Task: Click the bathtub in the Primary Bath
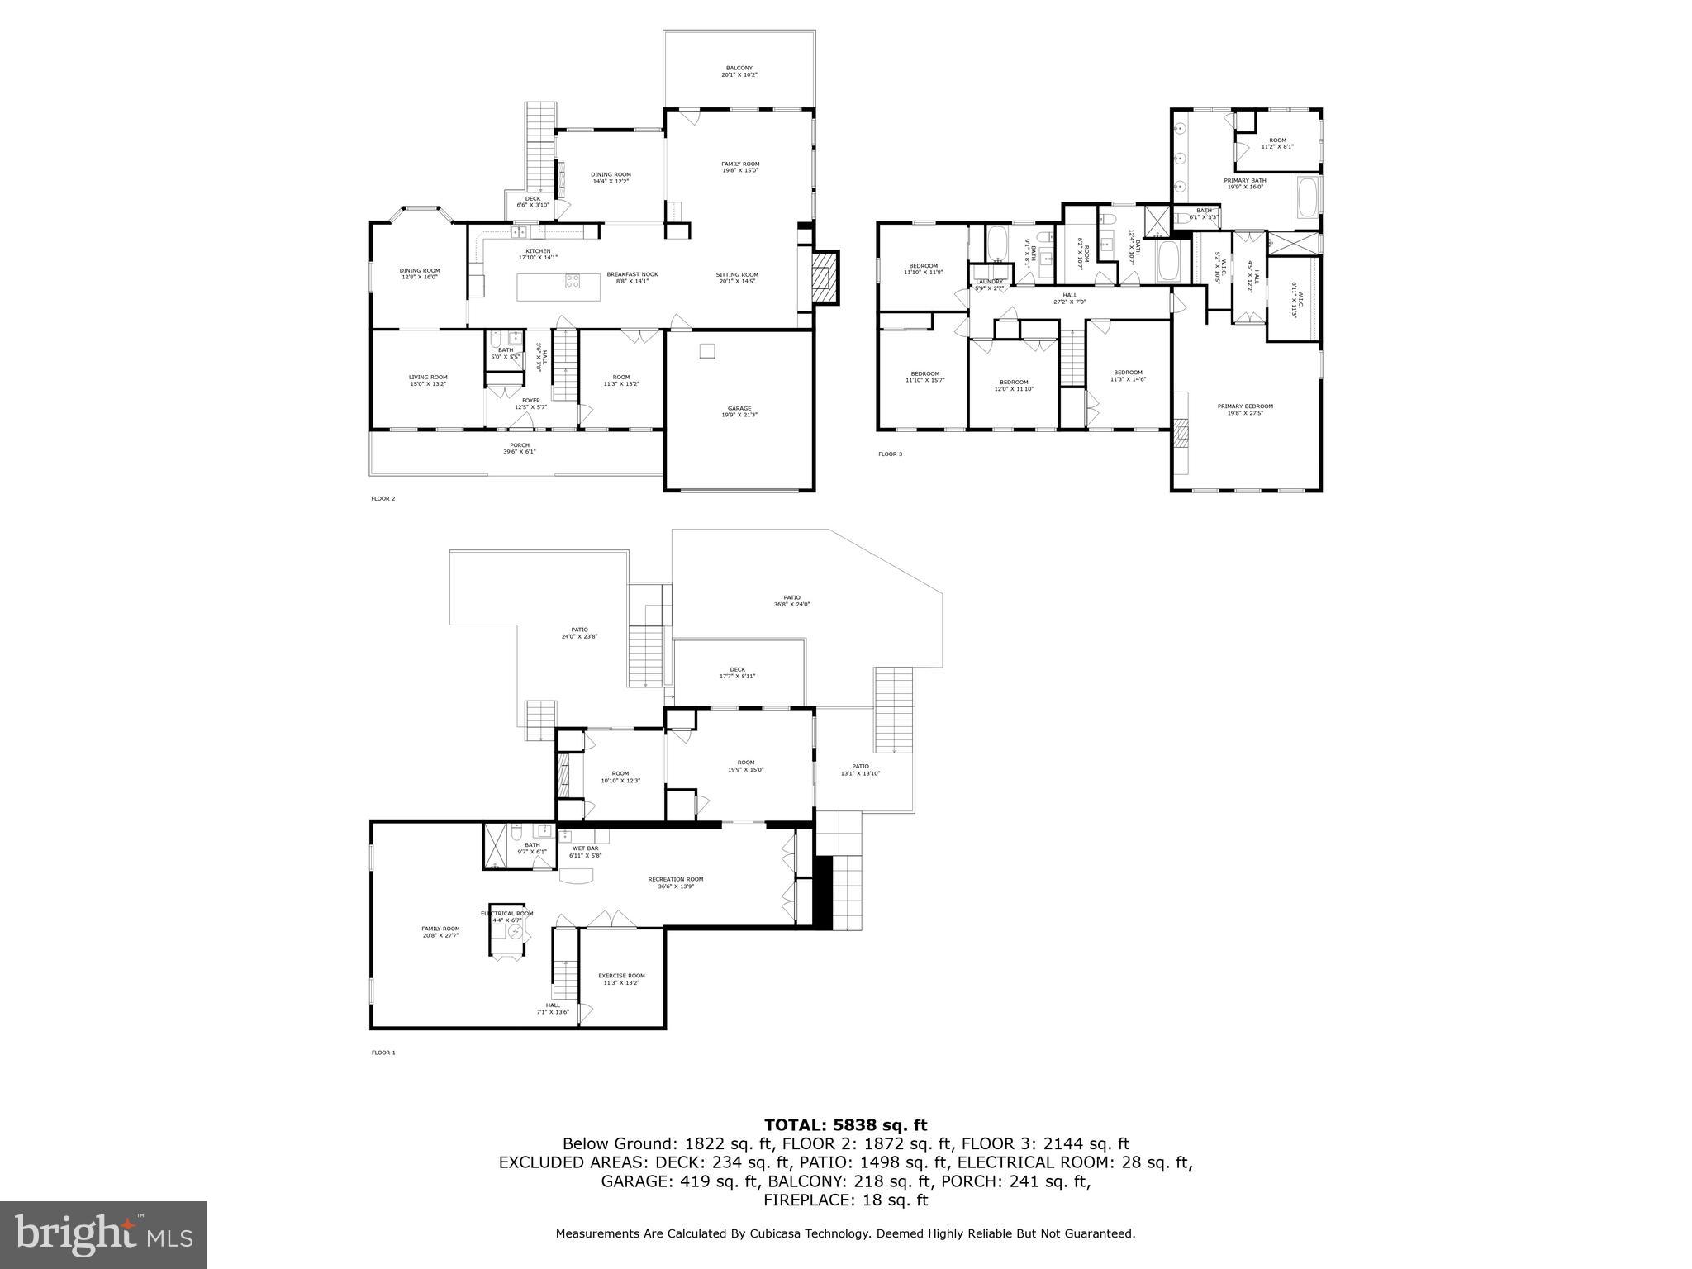(x=1307, y=202)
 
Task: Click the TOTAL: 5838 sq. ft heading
(x=845, y=1124)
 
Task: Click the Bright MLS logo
(x=102, y=1235)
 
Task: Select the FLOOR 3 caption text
(x=890, y=454)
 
